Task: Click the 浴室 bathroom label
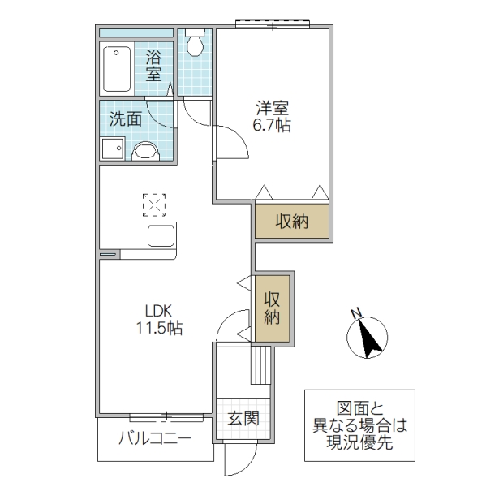pyautogui.click(x=153, y=66)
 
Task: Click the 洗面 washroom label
pyautogui.click(x=126, y=119)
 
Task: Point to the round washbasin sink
pyautogui.click(x=147, y=150)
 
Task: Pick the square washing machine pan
pyautogui.click(x=112, y=149)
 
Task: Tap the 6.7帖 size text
pyautogui.click(x=271, y=126)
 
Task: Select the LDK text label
pyautogui.click(x=159, y=311)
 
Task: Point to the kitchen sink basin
pyautogui.click(x=161, y=237)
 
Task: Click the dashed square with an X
pyautogui.click(x=153, y=204)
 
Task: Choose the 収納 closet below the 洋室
pyautogui.click(x=291, y=221)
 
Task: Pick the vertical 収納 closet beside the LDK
pyautogui.click(x=272, y=308)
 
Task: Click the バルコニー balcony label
pyautogui.click(x=155, y=440)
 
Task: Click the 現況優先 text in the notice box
pyautogui.click(x=359, y=442)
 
